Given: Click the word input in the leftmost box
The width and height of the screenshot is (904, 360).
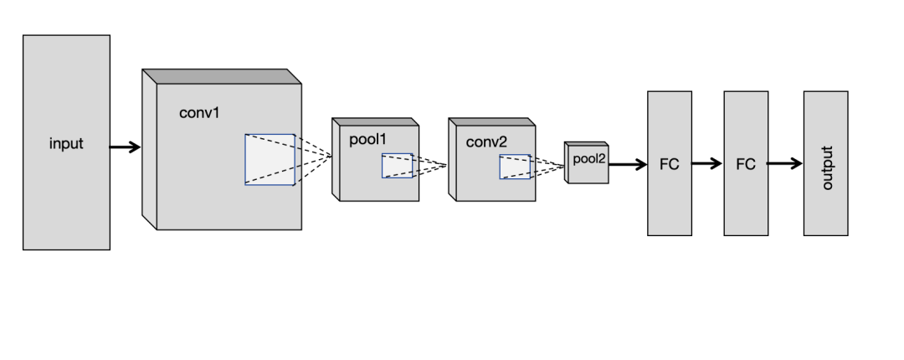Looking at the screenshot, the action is click(66, 144).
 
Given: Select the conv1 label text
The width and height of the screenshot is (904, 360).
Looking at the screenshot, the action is click(199, 112).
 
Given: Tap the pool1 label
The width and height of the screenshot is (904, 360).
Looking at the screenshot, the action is click(367, 139).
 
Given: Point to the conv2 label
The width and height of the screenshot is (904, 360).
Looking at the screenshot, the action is click(486, 142).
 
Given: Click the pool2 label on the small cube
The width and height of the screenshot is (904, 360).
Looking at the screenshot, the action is click(589, 159).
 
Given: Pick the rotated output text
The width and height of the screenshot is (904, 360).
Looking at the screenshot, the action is click(827, 168).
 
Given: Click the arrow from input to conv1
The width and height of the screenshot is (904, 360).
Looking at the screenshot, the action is click(125, 147).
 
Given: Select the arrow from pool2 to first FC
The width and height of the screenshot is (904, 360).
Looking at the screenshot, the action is click(628, 164).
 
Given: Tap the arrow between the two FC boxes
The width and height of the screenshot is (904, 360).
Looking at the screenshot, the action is click(707, 164).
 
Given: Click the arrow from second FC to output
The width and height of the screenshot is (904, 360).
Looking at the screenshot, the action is click(785, 164).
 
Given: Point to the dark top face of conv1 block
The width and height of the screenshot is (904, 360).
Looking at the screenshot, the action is click(222, 76).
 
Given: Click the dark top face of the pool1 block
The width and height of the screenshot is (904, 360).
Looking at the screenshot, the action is click(375, 121).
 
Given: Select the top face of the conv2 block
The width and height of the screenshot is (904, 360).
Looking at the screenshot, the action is click(492, 121).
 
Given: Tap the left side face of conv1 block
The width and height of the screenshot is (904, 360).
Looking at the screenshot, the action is click(149, 149).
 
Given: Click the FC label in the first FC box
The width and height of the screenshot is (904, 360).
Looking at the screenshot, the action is click(670, 164).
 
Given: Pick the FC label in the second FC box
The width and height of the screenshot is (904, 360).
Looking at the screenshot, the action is click(746, 164).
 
